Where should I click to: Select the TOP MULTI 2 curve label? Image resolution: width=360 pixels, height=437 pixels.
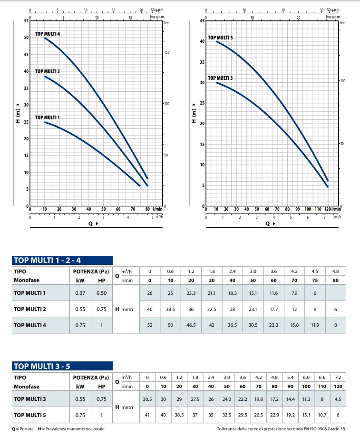pos(47,71)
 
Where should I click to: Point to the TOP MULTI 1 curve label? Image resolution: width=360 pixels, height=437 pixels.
pos(47,117)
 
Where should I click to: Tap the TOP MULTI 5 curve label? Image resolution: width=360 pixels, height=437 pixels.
pos(220,38)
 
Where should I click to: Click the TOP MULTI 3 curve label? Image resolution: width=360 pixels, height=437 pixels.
pos(220,78)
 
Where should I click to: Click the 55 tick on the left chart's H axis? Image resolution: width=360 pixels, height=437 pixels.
pos(26,21)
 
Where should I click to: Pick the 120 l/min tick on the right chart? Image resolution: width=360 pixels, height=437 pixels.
pos(329,209)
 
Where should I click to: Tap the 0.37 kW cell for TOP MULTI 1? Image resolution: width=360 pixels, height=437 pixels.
pos(80,293)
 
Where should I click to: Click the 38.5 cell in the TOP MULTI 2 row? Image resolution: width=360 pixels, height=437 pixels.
pos(170,309)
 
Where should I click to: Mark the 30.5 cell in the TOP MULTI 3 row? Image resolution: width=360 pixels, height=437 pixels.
pos(147,398)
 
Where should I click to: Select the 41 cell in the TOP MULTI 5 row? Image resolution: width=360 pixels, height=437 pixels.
pos(147,415)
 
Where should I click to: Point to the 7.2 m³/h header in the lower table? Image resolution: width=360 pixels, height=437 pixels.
pos(338,377)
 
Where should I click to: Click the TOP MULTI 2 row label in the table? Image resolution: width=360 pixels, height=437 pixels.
pos(30,309)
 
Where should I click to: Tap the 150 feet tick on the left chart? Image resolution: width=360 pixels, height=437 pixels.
pos(166,52)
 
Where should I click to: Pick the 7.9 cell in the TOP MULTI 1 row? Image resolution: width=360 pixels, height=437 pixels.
pos(294,293)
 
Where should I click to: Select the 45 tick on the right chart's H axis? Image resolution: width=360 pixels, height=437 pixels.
pos(202,21)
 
